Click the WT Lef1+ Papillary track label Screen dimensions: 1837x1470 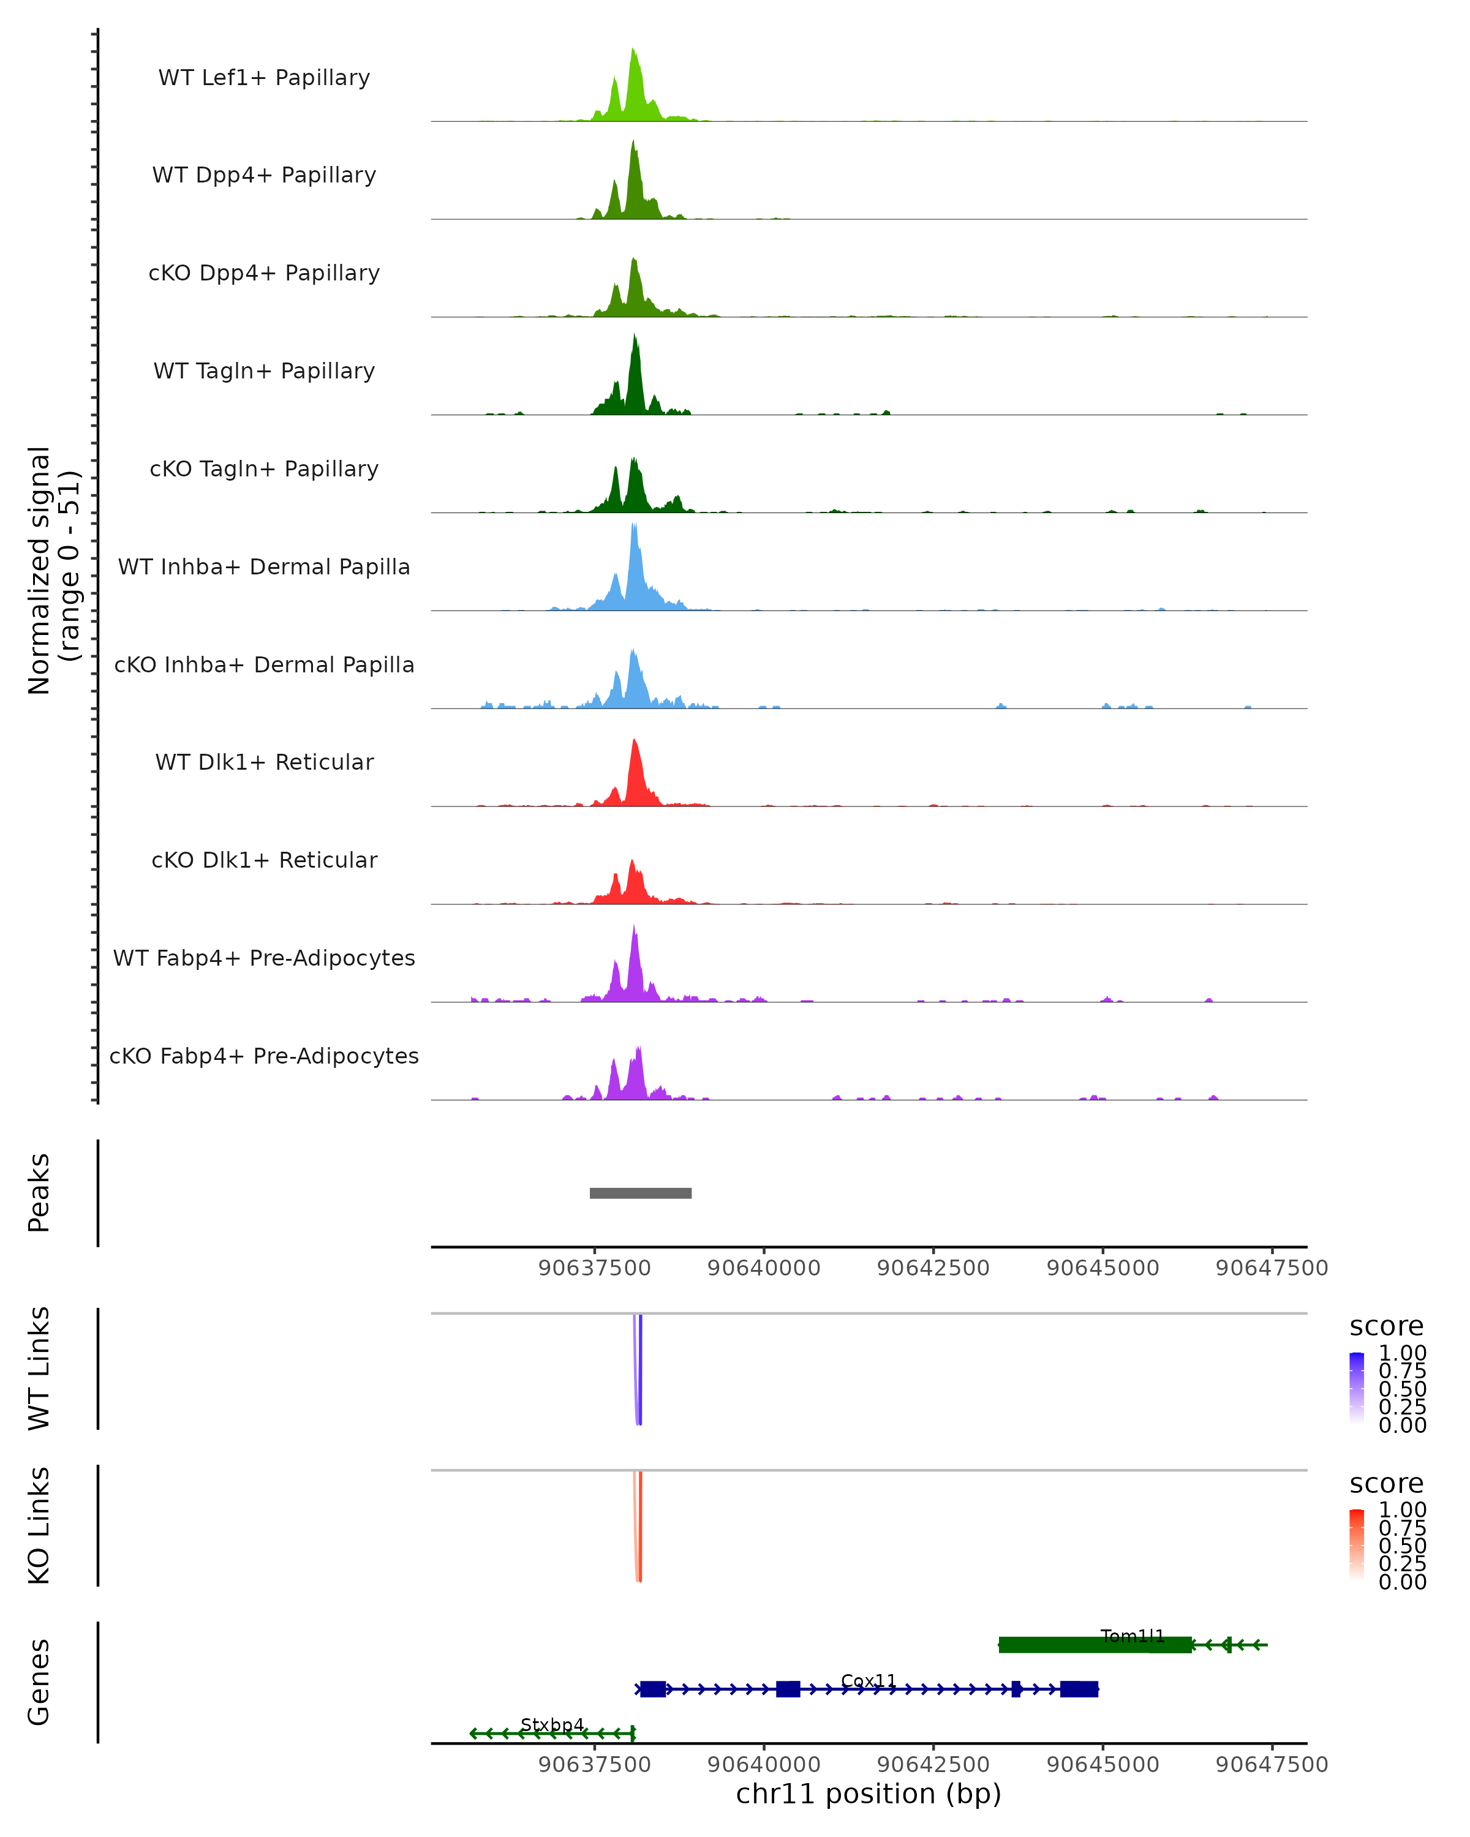[264, 78]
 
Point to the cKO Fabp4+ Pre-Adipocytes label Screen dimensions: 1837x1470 [264, 1056]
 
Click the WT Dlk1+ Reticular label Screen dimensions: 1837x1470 [264, 762]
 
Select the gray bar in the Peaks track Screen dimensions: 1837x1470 [641, 1193]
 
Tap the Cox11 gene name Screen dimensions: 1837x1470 [869, 1681]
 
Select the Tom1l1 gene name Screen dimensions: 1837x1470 [1132, 1636]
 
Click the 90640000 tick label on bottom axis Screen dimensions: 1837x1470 [764, 1765]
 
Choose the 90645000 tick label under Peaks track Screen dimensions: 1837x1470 [1102, 1268]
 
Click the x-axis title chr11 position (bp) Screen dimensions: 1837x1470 [869, 1794]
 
